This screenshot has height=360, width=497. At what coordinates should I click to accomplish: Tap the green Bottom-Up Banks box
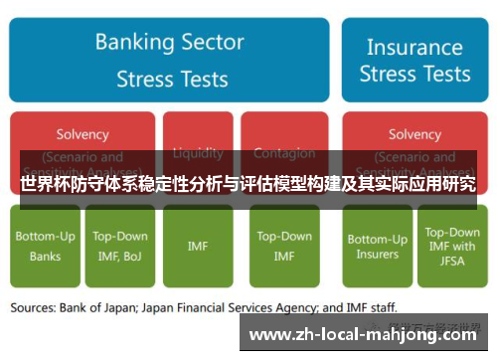click(44, 246)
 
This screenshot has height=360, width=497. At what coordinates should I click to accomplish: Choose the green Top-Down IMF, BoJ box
click(120, 246)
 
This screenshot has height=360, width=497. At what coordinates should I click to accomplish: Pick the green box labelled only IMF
click(197, 246)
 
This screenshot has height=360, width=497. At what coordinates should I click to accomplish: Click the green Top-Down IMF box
click(284, 246)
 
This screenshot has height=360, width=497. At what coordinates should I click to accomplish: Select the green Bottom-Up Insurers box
click(378, 246)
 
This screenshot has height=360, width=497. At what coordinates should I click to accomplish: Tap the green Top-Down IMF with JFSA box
click(451, 246)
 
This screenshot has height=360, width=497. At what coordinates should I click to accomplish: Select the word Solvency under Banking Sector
click(83, 133)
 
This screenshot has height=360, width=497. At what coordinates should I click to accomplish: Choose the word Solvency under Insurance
click(414, 133)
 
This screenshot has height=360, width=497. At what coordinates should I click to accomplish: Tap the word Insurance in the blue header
click(414, 46)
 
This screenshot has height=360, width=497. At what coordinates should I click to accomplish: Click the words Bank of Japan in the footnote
click(111, 308)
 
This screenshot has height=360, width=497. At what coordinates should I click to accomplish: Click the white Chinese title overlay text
click(248, 184)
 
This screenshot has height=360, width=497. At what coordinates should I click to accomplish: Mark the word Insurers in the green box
click(378, 254)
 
